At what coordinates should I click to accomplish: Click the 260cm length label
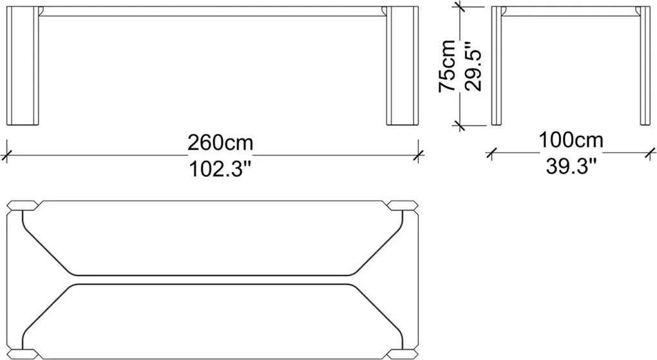pos(220,142)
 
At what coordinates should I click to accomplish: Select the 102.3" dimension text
pos(220,169)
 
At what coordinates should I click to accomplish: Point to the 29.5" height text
pos(473,66)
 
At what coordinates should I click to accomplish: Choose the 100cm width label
pos(571,140)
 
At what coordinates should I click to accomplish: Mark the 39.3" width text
pos(571,166)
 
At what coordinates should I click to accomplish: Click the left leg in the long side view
pos(23,66)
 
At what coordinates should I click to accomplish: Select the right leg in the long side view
pos(402,66)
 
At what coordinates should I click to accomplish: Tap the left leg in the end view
pos(497,66)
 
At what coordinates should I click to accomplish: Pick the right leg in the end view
pos(645,66)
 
